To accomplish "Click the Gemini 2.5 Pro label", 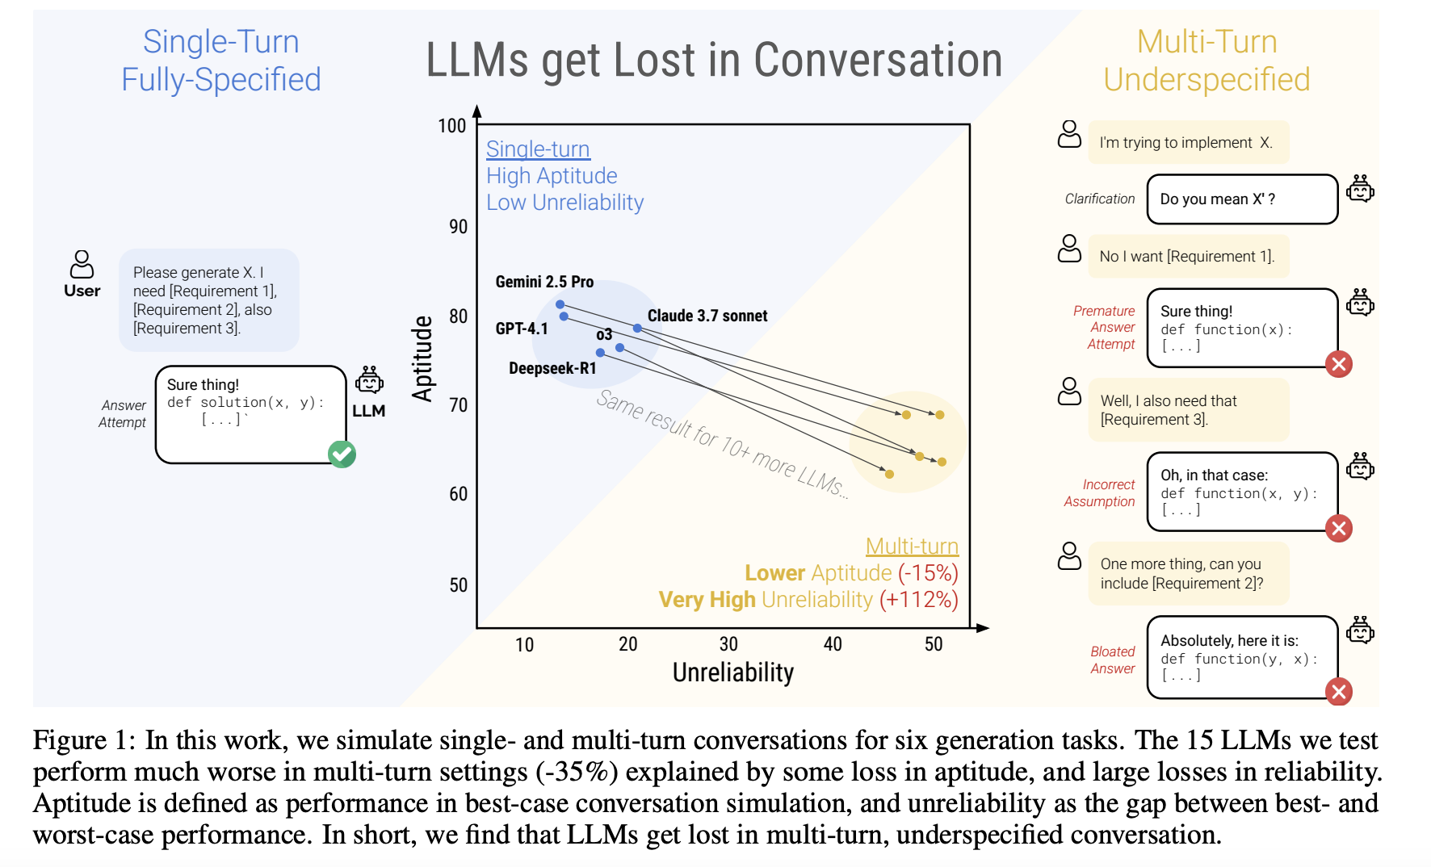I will [544, 282].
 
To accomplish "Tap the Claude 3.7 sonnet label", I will [707, 316].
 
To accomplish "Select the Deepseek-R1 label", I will [552, 368].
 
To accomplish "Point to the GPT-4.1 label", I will [522, 329].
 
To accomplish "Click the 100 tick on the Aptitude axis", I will [452, 126].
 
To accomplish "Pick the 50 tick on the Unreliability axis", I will [934, 644].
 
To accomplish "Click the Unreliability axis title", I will [732, 672].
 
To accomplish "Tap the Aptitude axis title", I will [422, 358].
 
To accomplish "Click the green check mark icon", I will [342, 454].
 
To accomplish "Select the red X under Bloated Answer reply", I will [1339, 691].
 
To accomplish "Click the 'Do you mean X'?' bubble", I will [1242, 199].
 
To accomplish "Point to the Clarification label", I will [1099, 199].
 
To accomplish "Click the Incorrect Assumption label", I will [1099, 492].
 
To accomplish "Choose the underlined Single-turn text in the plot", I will [538, 149].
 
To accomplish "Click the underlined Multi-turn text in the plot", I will [912, 547].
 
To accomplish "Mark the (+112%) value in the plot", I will [918, 600].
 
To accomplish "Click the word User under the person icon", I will [82, 291].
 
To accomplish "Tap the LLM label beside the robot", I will [368, 411].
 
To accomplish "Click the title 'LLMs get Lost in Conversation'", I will [714, 61].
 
